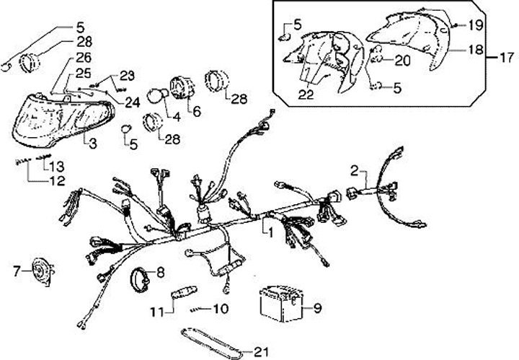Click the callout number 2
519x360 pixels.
point(354,170)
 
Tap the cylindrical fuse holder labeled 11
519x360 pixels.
point(185,297)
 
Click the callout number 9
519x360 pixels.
point(318,309)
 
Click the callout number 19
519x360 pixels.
point(474,25)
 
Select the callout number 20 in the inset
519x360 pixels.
point(402,61)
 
